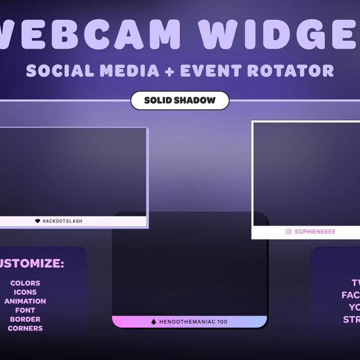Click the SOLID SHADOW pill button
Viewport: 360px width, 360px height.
(x=179, y=100)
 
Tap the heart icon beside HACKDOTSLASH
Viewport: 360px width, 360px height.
(x=37, y=221)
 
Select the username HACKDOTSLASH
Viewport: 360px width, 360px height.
(x=62, y=221)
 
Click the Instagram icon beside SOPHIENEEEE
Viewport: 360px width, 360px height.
(x=289, y=232)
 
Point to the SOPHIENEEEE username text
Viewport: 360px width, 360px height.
(x=315, y=232)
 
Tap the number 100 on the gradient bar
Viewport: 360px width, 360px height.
(x=223, y=322)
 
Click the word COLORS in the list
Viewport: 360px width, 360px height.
(x=25, y=283)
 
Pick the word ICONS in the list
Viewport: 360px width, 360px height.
(x=25, y=292)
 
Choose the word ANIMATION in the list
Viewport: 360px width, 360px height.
(x=25, y=301)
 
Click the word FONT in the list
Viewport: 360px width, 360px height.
(x=25, y=310)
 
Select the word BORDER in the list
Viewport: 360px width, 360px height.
(x=25, y=319)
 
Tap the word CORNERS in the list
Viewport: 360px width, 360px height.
(x=25, y=328)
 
